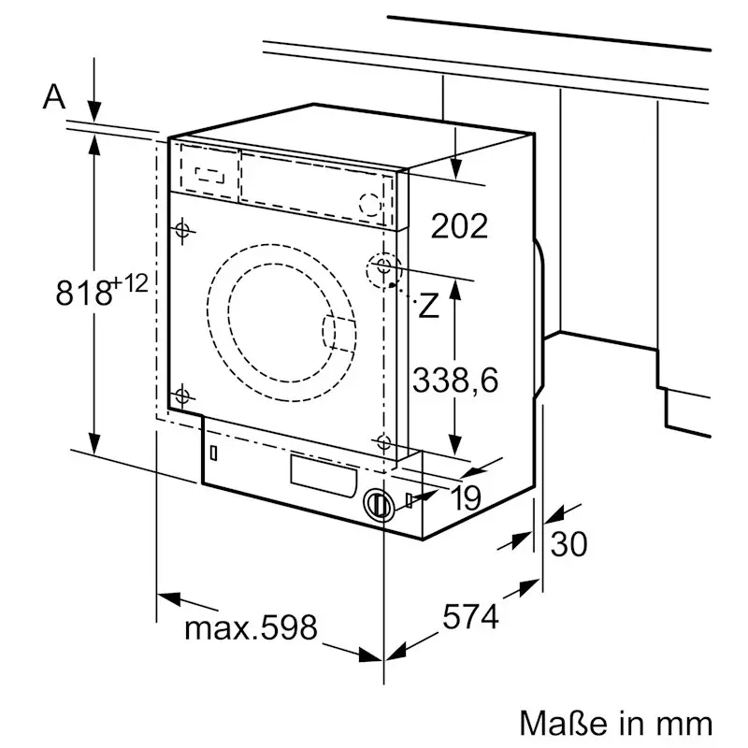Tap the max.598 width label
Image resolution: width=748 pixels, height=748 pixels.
tap(251, 627)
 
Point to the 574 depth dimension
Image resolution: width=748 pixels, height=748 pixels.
tap(470, 617)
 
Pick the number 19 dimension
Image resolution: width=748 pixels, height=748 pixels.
tap(465, 499)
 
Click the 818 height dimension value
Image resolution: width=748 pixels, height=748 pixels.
tap(83, 294)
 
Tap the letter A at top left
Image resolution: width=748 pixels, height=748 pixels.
tap(55, 95)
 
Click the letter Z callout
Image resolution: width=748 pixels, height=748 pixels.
tap(428, 306)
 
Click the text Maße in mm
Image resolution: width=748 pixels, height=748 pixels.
tap(615, 723)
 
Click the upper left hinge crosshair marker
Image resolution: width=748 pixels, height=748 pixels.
tap(181, 230)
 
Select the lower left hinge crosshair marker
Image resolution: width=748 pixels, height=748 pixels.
tap(181, 395)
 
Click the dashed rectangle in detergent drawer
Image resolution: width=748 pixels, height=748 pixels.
tap(209, 173)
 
